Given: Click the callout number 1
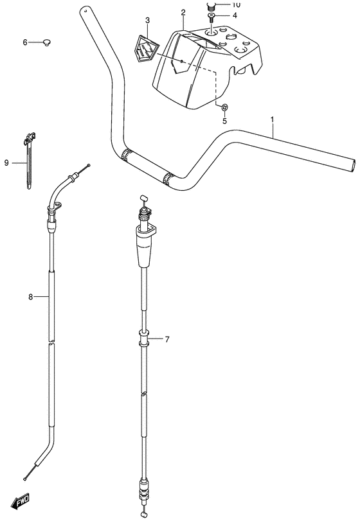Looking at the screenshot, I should (x=273, y=119).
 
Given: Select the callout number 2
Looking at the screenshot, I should (x=183, y=12).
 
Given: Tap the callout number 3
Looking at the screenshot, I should (x=147, y=21).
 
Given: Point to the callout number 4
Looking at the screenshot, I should (x=234, y=15).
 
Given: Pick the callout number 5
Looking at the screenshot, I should (x=224, y=121).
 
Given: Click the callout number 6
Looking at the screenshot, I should (x=26, y=42).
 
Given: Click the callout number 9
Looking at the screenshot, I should (x=6, y=163).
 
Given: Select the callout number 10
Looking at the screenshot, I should (x=235, y=4).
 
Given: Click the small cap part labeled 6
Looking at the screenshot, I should (x=46, y=42).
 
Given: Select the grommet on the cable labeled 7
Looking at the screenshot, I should (x=143, y=338).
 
